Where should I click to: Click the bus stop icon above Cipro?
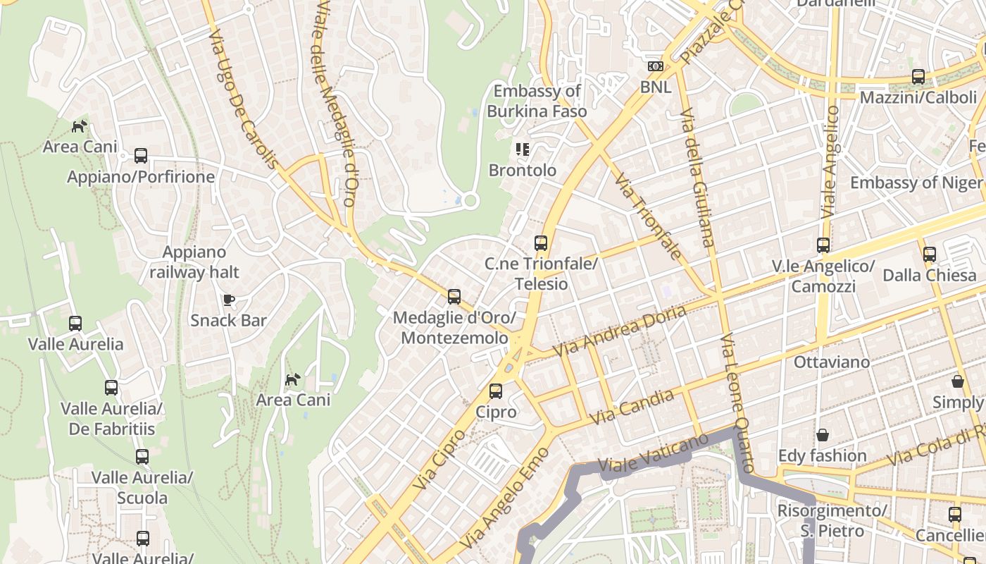pos(496,391)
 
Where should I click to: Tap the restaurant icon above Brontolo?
pos(523,149)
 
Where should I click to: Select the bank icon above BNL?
pos(656,66)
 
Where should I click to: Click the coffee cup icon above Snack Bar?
pos(229,300)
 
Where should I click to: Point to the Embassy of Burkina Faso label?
pos(537,101)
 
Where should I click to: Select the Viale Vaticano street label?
pos(653,453)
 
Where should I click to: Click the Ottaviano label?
pos(832,362)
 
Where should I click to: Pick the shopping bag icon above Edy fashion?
pos(822,435)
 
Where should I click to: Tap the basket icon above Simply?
pos(958,381)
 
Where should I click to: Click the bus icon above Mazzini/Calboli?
pos(918,77)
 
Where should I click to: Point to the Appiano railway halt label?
pos(194,262)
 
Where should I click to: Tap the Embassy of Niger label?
pos(916,183)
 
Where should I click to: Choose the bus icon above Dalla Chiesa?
pos(930,255)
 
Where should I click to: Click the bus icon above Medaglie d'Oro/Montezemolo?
pos(454,297)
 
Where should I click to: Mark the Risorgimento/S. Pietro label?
pos(832,520)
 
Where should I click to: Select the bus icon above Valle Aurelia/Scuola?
pos(142,457)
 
